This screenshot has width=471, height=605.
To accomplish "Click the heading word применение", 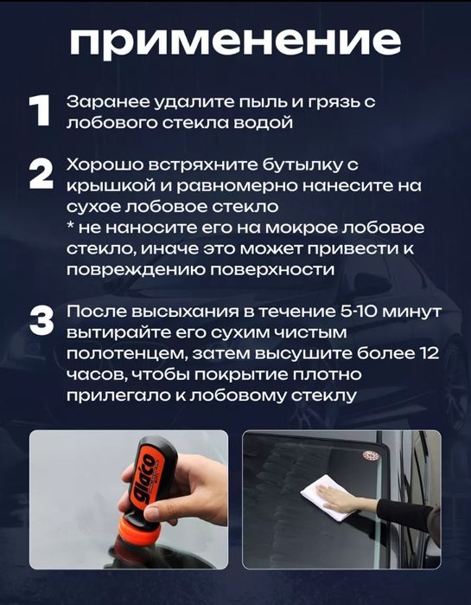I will [234, 41].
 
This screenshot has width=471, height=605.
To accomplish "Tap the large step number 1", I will [40, 113].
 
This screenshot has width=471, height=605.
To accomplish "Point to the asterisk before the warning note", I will [70, 228].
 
